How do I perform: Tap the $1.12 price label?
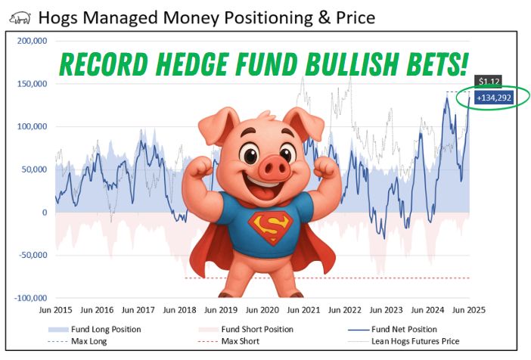point(487,81)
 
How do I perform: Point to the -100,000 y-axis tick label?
point(28,298)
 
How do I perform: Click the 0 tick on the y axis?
point(44,213)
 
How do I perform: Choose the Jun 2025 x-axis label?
point(469,310)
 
